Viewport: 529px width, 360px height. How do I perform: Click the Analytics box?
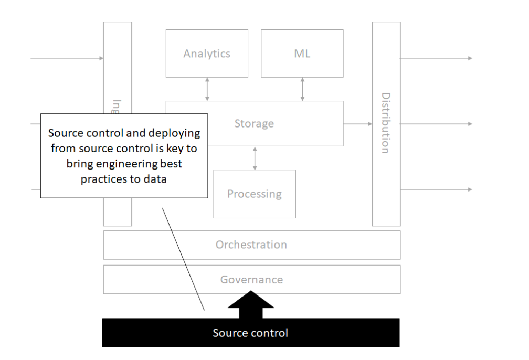(207, 54)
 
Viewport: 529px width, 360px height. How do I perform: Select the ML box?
(302, 54)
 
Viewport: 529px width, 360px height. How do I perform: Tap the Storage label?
(254, 124)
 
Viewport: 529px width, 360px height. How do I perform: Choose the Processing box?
(255, 194)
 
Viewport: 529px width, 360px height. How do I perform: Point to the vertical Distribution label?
(386, 123)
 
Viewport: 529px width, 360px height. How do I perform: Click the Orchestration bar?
(251, 245)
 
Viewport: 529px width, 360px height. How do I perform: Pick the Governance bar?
(251, 280)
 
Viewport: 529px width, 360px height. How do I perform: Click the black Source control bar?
(250, 333)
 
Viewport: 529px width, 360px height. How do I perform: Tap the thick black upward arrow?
(251, 307)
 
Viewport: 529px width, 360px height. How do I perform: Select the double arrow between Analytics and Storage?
(207, 89)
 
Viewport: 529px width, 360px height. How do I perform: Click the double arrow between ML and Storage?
(303, 89)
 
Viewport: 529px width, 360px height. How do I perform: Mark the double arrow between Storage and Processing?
(255, 158)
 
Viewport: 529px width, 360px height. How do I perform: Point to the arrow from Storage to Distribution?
(358, 124)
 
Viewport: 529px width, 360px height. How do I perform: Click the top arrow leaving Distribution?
(436, 58)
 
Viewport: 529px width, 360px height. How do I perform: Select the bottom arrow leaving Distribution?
(436, 189)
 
